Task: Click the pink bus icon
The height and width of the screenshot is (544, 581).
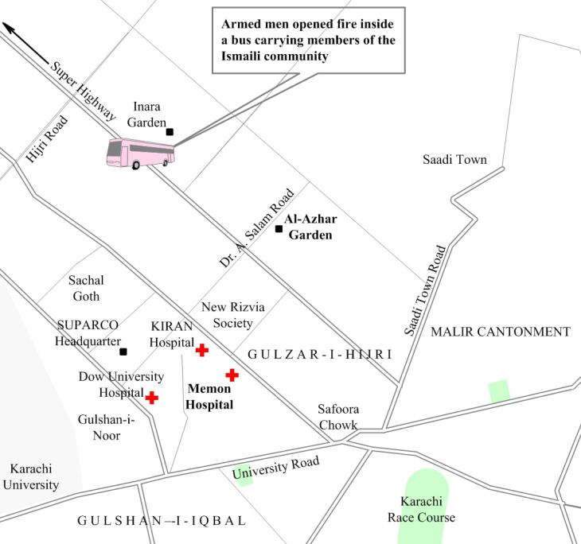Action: (x=140, y=152)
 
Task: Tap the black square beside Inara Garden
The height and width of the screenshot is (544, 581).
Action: (x=170, y=132)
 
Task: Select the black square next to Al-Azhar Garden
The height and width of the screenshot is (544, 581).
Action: (x=279, y=229)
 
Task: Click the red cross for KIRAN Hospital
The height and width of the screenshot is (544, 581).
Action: (x=202, y=349)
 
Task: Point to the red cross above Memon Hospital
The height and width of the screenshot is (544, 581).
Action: (x=232, y=375)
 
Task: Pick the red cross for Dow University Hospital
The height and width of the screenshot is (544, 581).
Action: (x=151, y=398)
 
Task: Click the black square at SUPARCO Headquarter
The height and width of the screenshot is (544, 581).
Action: (x=123, y=351)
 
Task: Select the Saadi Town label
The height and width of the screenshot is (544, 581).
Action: (x=454, y=159)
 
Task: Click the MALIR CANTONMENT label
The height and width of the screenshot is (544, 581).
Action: (x=501, y=332)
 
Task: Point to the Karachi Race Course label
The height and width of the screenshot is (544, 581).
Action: (x=422, y=510)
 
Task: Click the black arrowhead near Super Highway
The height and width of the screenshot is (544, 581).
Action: (x=9, y=29)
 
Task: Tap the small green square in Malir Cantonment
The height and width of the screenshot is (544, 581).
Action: (x=498, y=391)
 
